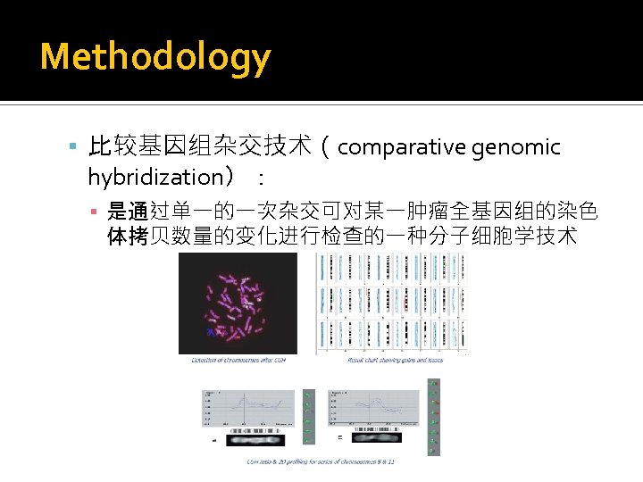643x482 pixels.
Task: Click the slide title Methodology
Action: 155,57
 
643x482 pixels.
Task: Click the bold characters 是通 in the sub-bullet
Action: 128,212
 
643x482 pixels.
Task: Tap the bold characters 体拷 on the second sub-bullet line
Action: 128,237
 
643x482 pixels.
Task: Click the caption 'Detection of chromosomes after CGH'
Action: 238,361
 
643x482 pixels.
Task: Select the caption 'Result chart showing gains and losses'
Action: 392,361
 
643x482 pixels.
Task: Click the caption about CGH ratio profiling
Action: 321,461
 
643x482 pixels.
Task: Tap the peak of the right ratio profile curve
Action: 386,398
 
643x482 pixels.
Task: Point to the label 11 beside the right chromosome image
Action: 340,437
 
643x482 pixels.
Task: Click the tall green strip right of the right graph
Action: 434,417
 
